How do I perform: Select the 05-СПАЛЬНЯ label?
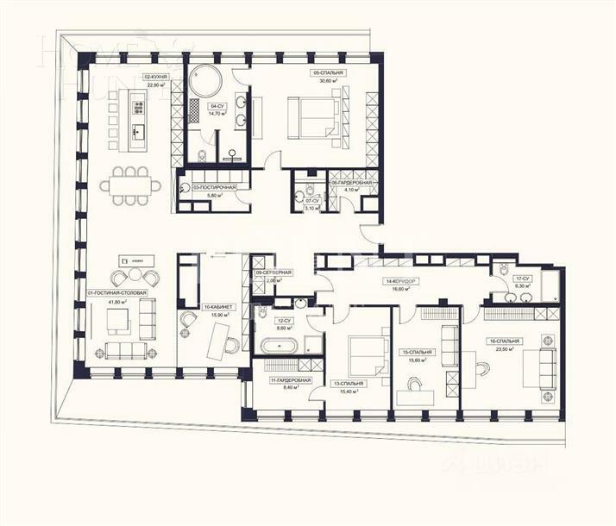point(329,73)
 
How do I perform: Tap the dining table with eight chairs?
point(130,185)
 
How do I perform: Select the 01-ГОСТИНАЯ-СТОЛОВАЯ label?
point(117,293)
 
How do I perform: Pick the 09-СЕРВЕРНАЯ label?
point(273,272)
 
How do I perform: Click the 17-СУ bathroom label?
point(523,279)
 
